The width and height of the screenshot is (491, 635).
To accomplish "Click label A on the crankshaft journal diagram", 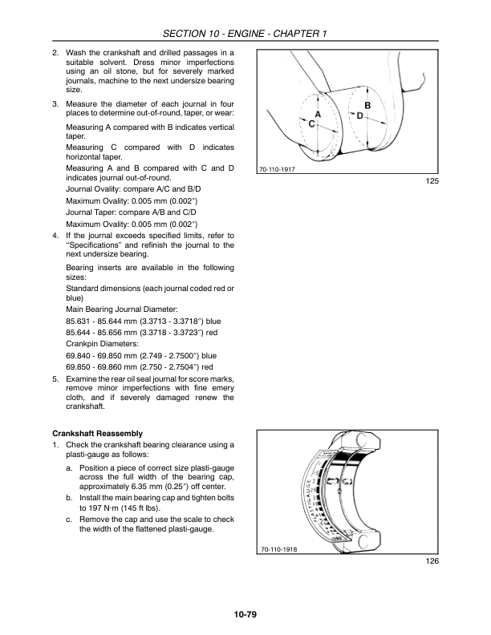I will coord(318,115).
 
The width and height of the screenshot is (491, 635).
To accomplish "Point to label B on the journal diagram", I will coord(367,106).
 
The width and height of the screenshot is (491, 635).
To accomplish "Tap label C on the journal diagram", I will coord(311,124).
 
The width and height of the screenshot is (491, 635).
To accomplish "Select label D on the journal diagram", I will coord(360,116).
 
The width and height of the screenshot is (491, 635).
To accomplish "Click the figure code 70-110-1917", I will coord(277,170).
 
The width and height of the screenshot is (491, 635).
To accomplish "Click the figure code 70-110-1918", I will coord(277,549).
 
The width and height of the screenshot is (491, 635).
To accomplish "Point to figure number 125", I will coord(432,182).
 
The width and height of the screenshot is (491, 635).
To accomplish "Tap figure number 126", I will coord(432,561).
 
